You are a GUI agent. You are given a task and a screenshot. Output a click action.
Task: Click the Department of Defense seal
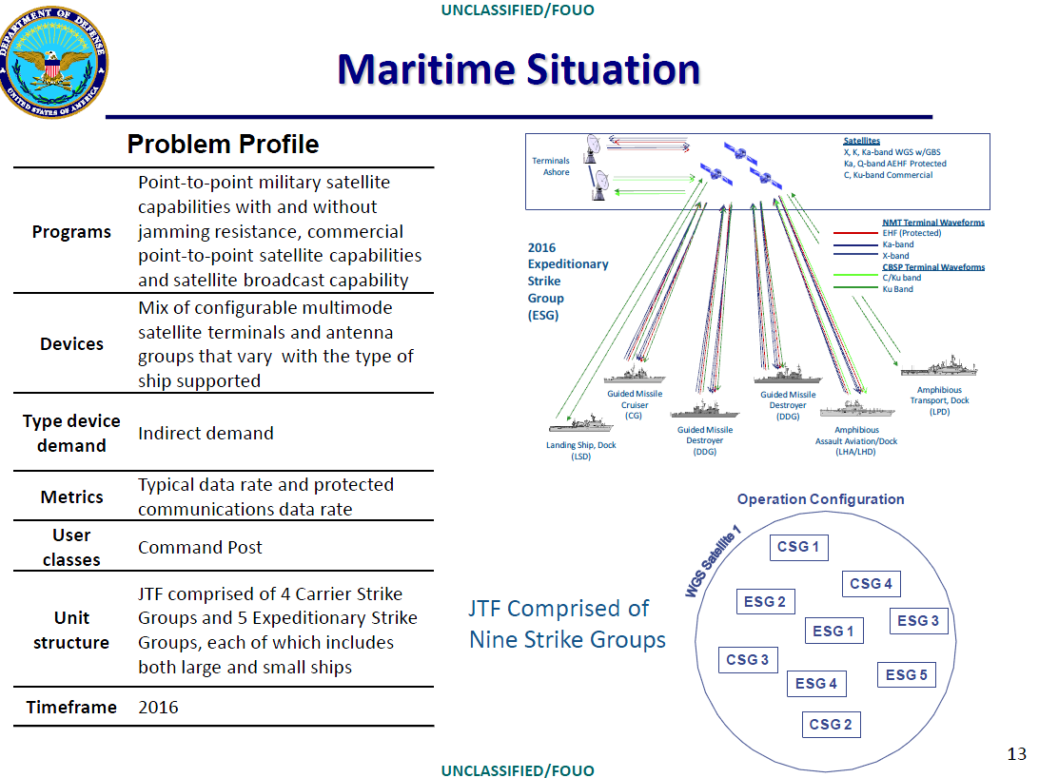[55, 62]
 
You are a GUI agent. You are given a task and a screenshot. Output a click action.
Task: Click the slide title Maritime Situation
[519, 69]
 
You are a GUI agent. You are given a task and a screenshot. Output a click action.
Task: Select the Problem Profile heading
[223, 145]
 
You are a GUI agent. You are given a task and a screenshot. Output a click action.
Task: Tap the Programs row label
[71, 232]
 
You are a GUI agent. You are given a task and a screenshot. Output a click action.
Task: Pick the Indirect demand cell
[206, 433]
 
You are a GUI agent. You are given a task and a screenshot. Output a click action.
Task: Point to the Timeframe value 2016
[158, 707]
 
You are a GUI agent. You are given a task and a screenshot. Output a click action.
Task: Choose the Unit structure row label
[71, 631]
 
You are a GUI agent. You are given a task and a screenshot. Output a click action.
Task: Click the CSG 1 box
[797, 547]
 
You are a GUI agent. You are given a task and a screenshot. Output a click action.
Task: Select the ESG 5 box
[906, 674]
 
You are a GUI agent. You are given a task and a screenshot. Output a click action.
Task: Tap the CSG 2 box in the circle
[830, 724]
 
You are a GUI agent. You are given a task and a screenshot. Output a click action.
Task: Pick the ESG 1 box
[833, 631]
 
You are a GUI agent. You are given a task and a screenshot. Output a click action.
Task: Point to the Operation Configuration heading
[820, 499]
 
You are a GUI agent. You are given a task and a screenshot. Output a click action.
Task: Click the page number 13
[1016, 754]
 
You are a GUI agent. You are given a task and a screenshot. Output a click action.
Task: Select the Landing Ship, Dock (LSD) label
[581, 451]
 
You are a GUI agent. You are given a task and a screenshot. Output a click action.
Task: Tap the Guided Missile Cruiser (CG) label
[635, 405]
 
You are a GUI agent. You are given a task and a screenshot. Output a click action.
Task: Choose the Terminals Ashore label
[550, 166]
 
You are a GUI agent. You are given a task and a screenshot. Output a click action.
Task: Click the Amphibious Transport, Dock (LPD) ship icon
[939, 369]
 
